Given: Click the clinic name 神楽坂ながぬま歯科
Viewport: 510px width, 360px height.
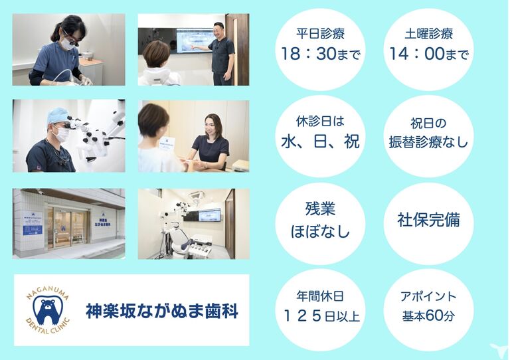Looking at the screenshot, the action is [162, 311].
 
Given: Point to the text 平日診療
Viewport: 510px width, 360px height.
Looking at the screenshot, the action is [320, 33].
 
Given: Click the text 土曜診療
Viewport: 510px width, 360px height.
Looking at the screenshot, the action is [429, 33].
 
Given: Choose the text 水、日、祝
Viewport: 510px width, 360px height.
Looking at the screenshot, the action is [320, 141].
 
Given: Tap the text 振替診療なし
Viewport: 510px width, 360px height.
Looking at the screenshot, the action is [428, 142].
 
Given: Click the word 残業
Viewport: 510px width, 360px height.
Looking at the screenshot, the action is [320, 209].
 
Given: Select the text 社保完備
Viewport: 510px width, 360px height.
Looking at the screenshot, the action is [428, 219].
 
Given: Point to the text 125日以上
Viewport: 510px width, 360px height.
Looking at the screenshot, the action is [321, 315].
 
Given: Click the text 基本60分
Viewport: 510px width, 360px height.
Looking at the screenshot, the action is [428, 315].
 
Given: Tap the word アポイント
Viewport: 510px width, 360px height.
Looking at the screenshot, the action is [428, 297].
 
